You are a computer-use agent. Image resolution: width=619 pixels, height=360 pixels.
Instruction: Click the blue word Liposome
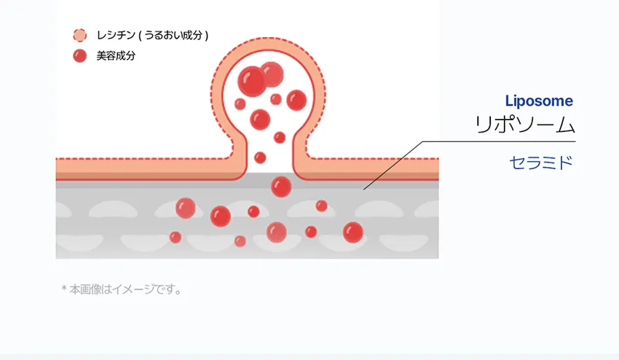(x=539, y=101)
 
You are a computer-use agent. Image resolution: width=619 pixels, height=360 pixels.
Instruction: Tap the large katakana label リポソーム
(x=524, y=125)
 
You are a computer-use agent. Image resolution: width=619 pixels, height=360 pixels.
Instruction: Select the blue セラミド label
(x=541, y=163)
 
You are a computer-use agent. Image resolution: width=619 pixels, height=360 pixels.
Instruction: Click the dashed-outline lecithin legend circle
(x=80, y=35)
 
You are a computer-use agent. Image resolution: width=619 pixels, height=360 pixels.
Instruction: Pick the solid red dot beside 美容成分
(x=80, y=55)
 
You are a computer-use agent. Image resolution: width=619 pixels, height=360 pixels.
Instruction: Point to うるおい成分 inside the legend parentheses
(x=173, y=35)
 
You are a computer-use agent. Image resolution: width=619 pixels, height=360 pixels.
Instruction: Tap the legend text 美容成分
(x=116, y=55)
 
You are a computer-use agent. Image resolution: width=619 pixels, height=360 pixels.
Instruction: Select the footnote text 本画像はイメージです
(x=125, y=289)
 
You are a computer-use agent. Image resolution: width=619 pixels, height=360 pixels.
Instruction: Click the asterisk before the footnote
(x=64, y=288)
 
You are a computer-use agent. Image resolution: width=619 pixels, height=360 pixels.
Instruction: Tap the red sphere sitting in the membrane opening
(x=281, y=187)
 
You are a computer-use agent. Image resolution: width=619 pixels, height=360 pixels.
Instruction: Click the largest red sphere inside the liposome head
(x=252, y=82)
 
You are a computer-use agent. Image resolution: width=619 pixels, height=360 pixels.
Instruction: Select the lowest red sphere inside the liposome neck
(x=260, y=157)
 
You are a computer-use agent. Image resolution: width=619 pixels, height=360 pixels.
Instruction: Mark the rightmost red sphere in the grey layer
(x=353, y=232)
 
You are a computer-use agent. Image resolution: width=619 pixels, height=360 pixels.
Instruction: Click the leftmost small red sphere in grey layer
(x=176, y=237)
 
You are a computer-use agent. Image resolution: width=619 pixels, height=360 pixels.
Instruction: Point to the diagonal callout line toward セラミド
(x=393, y=165)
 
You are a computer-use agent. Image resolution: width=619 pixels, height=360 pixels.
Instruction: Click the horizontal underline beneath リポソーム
(x=499, y=141)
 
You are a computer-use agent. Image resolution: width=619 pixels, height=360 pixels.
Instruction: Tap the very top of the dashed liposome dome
(x=269, y=38)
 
